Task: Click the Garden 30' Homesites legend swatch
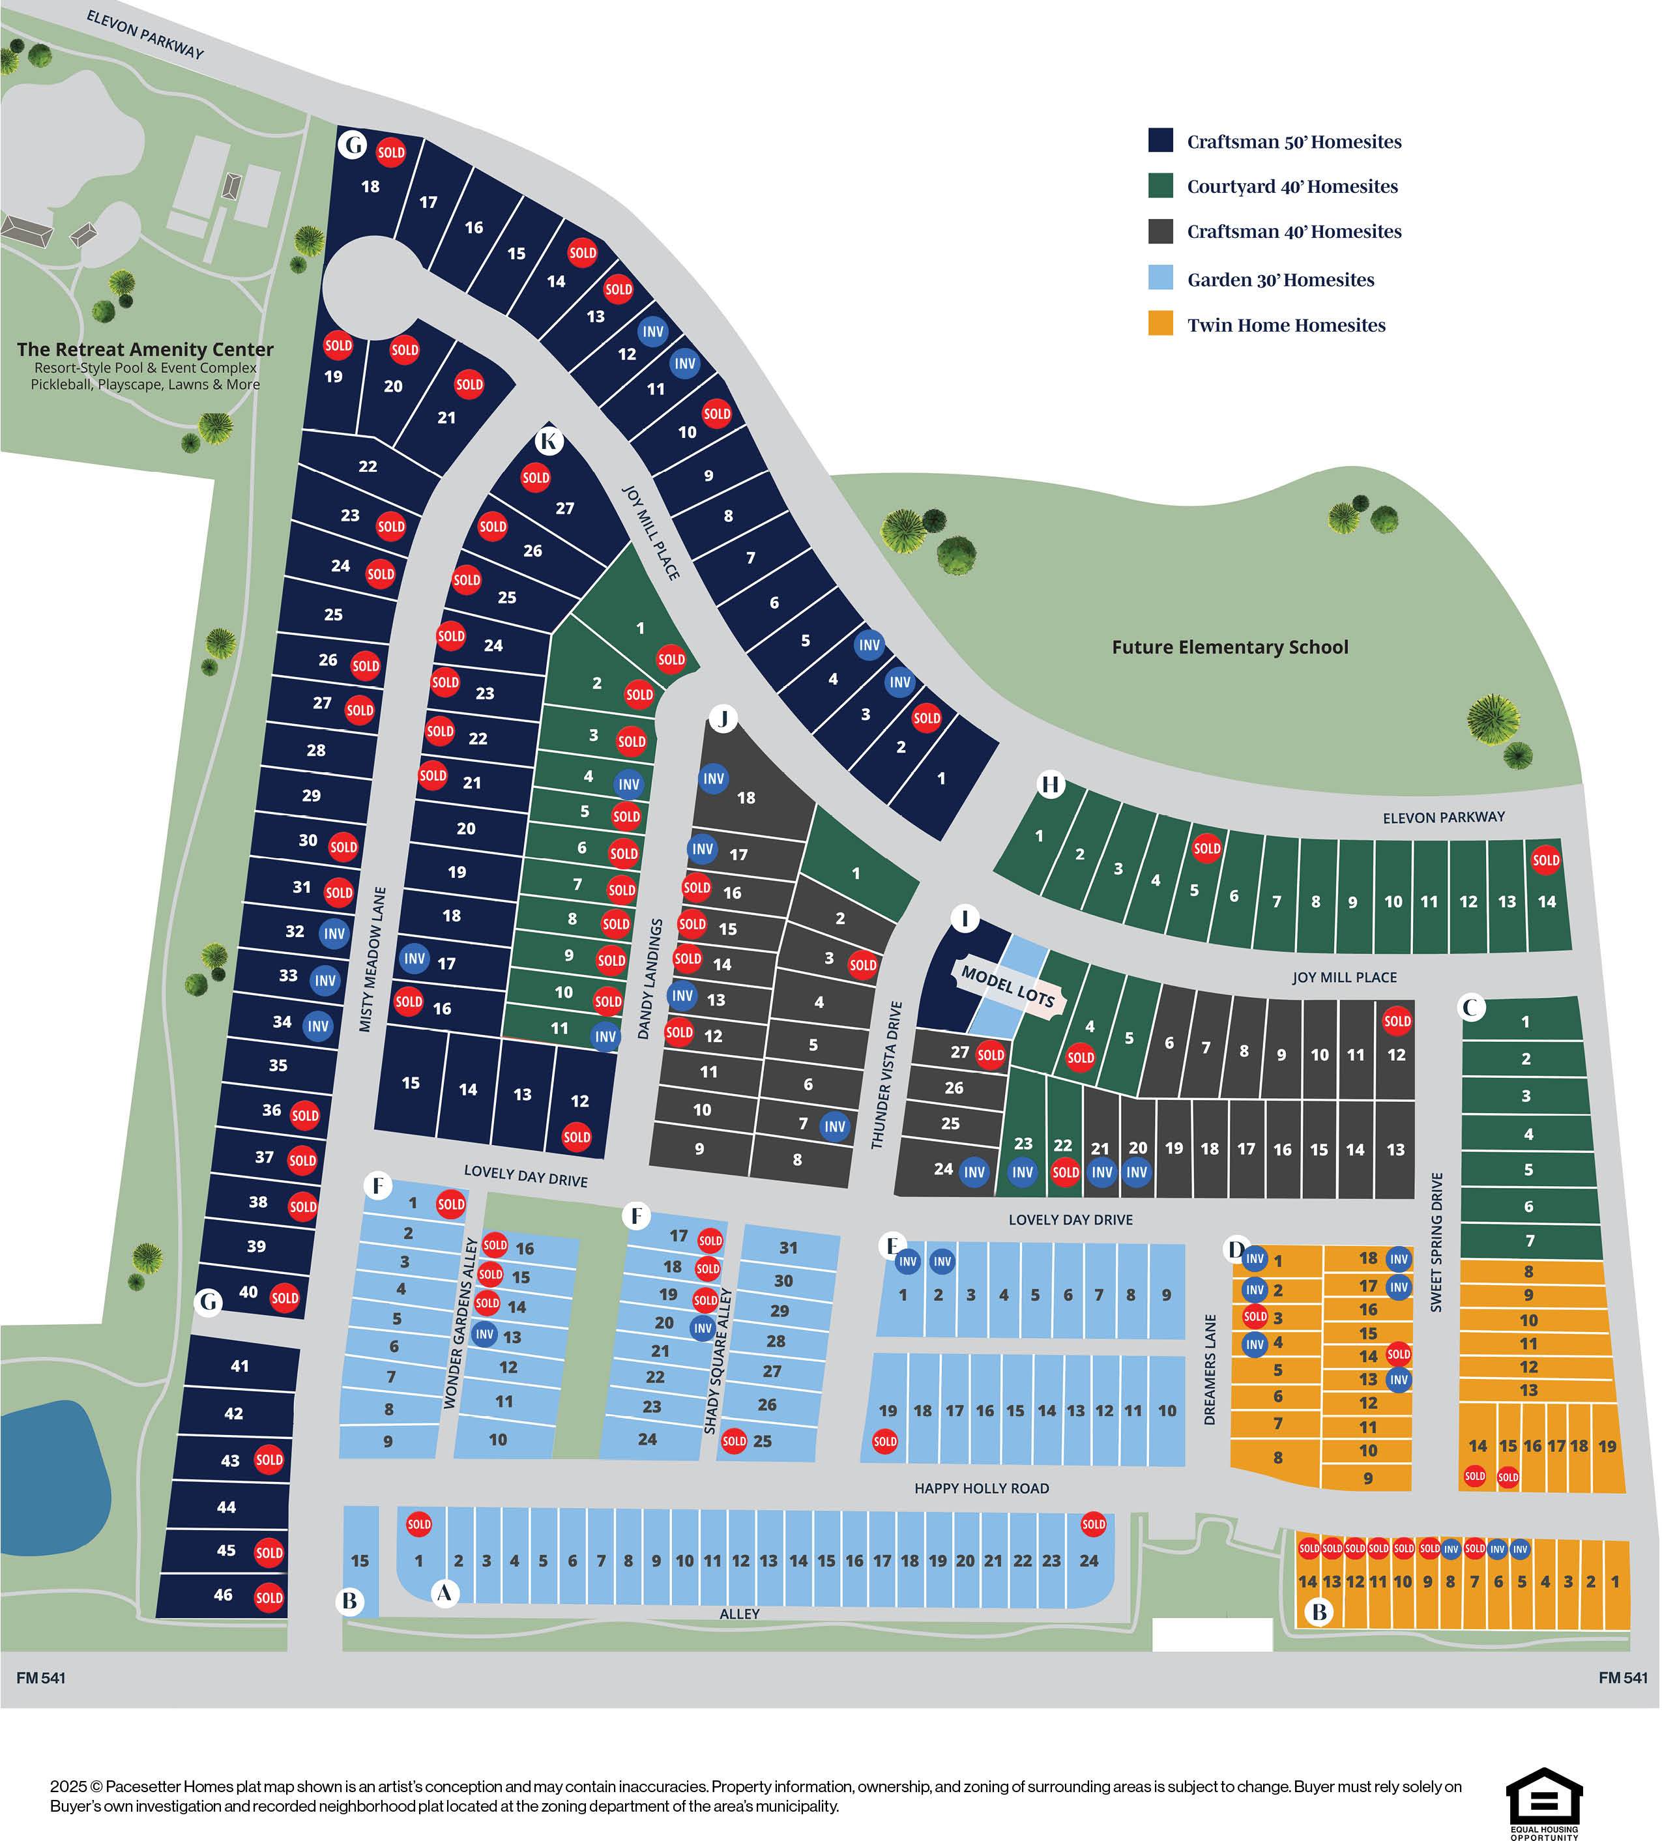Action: pyautogui.click(x=1161, y=278)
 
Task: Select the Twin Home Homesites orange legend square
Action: pyautogui.click(x=1161, y=323)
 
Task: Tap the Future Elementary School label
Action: pyautogui.click(x=1229, y=648)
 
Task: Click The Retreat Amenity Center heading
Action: pyautogui.click(x=145, y=350)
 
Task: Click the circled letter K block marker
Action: pyautogui.click(x=549, y=442)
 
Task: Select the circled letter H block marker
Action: pyautogui.click(x=1051, y=785)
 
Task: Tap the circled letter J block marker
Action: pyautogui.click(x=723, y=719)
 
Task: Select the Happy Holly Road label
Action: pyautogui.click(x=982, y=1488)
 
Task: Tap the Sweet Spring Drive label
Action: pyautogui.click(x=1436, y=1243)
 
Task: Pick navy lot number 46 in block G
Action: pyautogui.click(x=223, y=1595)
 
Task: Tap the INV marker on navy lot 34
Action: pyautogui.click(x=318, y=1026)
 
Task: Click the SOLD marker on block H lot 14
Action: pyautogui.click(x=1545, y=860)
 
